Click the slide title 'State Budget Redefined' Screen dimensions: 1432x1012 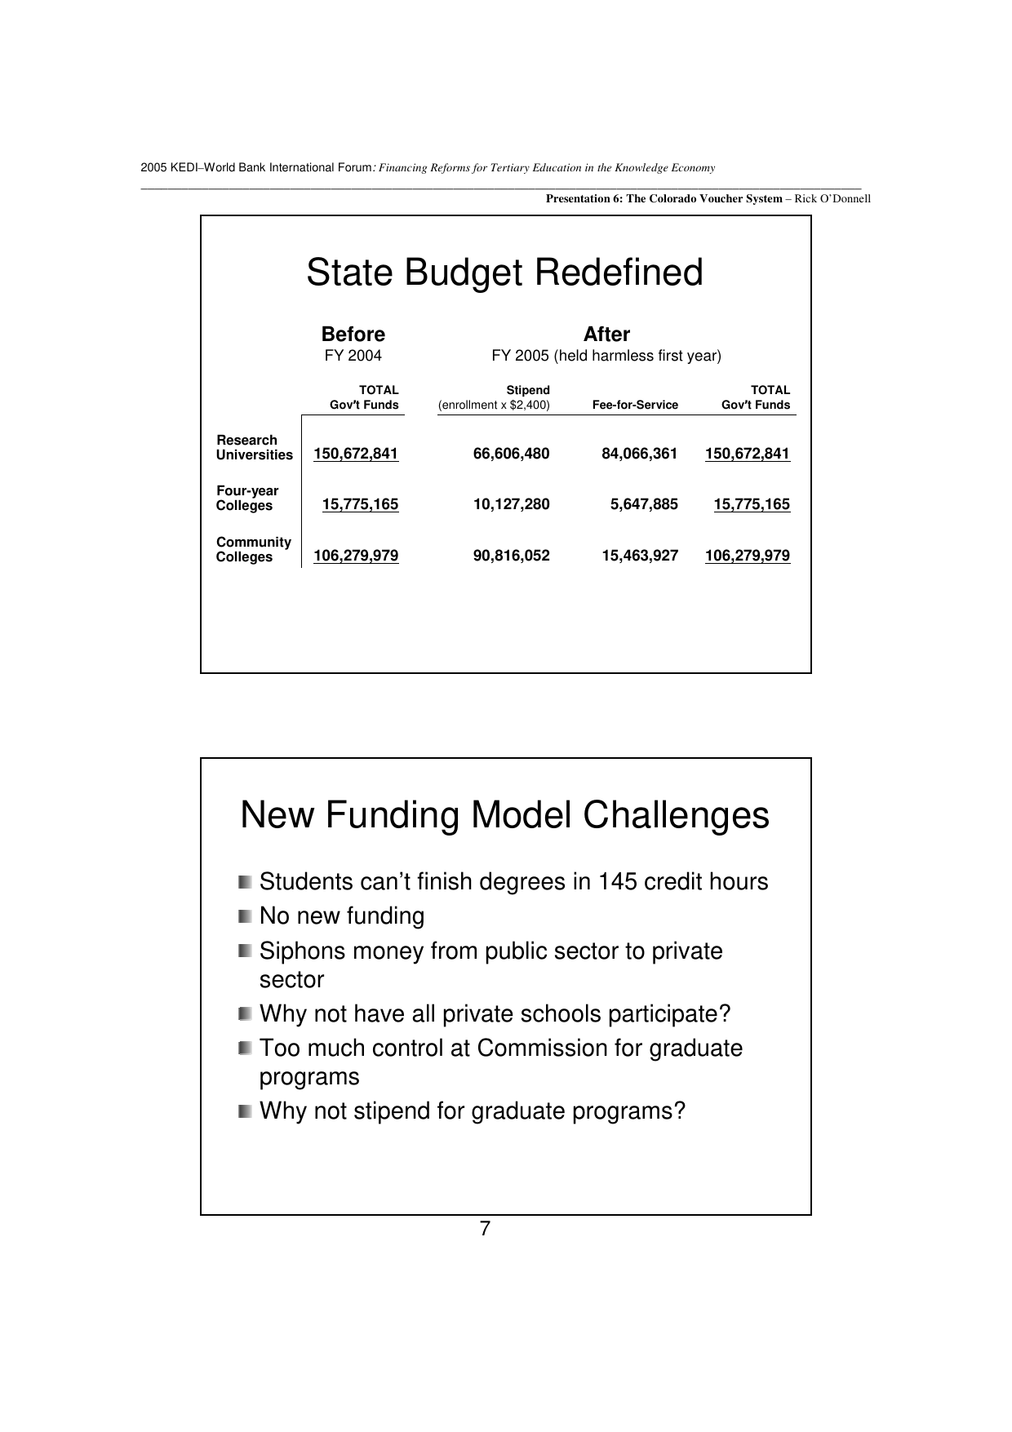tap(504, 273)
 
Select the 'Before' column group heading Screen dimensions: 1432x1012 tap(353, 335)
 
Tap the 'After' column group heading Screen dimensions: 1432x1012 tap(606, 335)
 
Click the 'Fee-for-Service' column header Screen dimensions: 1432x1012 tap(635, 405)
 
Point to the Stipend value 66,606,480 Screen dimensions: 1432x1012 tap(511, 454)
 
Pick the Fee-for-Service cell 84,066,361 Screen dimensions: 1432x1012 tap(639, 454)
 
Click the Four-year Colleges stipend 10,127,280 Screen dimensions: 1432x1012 tap(511, 504)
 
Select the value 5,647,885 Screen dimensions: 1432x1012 tap(644, 504)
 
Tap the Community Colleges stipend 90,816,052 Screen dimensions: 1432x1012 tap(511, 556)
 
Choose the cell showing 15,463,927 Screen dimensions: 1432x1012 tap(639, 556)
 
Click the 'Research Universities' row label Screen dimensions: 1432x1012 tap(254, 447)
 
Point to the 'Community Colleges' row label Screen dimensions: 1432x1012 tap(253, 549)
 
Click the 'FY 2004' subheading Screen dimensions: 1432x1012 tap(353, 356)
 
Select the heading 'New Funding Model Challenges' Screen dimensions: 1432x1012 tap(504, 815)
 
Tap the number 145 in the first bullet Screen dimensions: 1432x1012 tap(616, 882)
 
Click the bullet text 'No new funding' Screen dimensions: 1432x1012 tap(341, 916)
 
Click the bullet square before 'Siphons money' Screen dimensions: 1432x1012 tap(246, 951)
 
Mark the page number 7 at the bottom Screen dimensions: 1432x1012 tap(485, 1230)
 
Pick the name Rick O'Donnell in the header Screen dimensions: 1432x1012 tap(832, 198)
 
